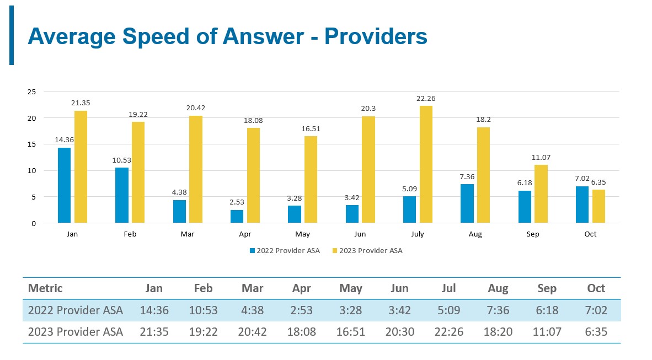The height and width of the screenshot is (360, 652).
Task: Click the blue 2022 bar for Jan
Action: pos(64,185)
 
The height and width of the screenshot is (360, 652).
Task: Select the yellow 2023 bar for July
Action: pos(426,164)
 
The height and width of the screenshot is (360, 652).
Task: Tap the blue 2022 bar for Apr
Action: pos(237,216)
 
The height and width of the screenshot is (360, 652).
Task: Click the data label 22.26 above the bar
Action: pos(426,99)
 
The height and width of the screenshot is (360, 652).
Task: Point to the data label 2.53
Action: pos(237,203)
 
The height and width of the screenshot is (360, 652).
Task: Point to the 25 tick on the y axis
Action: pos(31,92)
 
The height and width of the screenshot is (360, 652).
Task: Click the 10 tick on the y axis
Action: pos(31,170)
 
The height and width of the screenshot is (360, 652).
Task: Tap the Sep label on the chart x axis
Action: pos(533,234)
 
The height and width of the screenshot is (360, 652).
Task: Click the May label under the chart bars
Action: pos(302,234)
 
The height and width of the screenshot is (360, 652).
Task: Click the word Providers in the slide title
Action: pos(376,36)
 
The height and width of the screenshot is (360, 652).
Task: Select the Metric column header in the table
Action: pos(45,288)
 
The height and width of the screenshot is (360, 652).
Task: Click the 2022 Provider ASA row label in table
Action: pos(76,310)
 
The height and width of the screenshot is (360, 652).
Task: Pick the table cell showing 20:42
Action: pos(253,332)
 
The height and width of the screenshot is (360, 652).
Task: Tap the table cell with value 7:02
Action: pos(596,310)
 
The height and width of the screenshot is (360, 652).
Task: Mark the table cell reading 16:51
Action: pos(351,332)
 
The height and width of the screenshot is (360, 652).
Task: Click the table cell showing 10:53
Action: pos(204,310)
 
